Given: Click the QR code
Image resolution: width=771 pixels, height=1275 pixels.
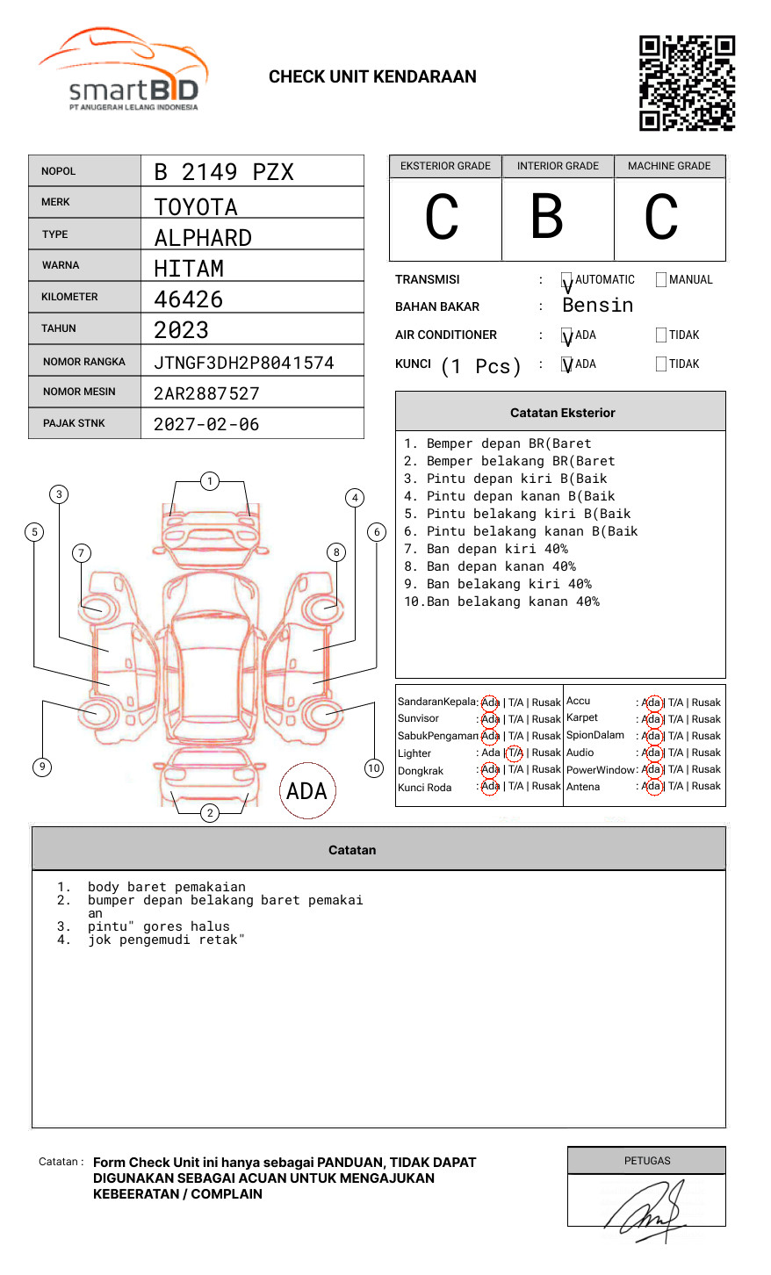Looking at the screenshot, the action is coord(687,83).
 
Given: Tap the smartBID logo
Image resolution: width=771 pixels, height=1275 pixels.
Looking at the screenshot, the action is coord(124,68).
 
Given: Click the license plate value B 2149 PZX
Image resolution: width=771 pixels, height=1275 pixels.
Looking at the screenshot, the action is coord(224,172).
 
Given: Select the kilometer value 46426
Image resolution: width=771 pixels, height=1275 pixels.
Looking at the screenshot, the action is coord(189,299).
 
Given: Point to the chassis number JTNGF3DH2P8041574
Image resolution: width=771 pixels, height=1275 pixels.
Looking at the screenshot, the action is coord(244,363).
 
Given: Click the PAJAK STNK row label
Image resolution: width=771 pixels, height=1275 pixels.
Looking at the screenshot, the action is coord(74,423).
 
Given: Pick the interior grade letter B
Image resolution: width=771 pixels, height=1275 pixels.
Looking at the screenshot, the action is coord(547,216).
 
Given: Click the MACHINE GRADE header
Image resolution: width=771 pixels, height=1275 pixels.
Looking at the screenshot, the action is coord(669,166).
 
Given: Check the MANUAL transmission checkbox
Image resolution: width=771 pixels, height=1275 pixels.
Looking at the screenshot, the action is coord(661,279).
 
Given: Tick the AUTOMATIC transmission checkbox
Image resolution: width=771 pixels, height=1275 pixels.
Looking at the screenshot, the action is coord(566,279).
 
